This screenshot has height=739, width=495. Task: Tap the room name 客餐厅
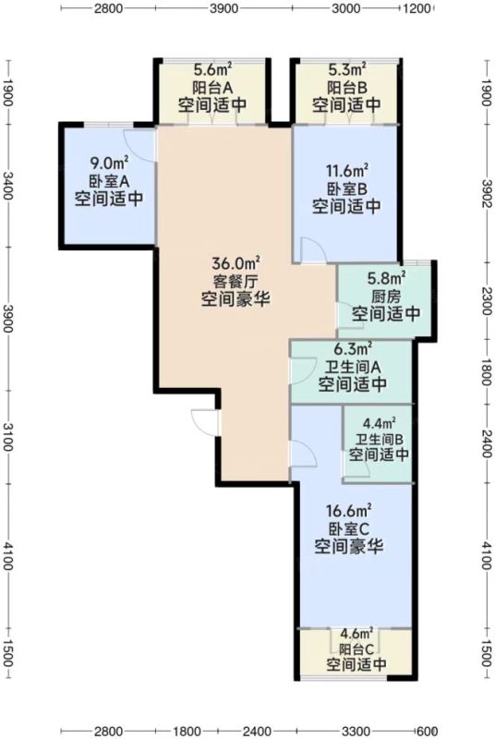click(235, 282)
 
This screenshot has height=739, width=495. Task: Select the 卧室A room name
click(109, 181)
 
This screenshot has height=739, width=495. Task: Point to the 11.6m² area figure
click(347, 170)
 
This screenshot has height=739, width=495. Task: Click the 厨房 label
click(386, 297)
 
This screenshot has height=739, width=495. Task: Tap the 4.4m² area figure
click(380, 424)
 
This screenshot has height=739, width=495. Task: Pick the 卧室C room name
click(348, 528)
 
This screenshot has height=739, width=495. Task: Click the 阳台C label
click(356, 649)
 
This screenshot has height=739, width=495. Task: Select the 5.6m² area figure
click(213, 71)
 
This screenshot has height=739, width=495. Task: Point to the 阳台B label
click(347, 88)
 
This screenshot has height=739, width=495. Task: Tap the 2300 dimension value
click(488, 301)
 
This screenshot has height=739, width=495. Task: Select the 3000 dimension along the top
click(345, 8)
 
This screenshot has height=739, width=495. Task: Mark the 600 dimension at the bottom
click(428, 731)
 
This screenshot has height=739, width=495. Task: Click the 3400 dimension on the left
click(8, 186)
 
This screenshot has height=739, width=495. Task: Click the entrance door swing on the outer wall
click(204, 422)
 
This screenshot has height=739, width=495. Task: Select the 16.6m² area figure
click(349, 511)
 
